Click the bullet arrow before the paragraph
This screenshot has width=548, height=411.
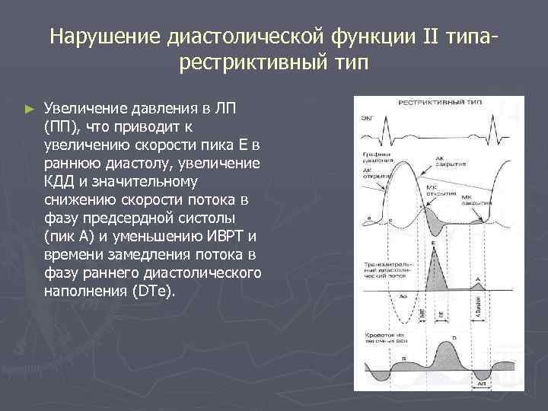click(x=30, y=110)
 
